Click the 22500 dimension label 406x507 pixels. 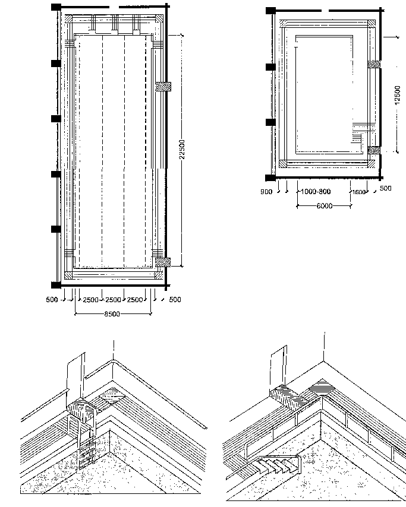[182, 150]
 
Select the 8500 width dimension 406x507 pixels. [112, 314]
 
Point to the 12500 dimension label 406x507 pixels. [398, 95]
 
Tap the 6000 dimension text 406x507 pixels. [325, 206]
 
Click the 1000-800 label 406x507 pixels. [316, 192]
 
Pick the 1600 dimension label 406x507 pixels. [358, 192]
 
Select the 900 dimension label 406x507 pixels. [266, 192]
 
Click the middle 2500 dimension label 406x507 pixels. [113, 300]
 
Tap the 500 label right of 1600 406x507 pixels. [386, 188]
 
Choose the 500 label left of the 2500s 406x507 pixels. [52, 299]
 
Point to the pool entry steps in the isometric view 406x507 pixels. [278, 464]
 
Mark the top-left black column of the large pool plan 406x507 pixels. [56, 7]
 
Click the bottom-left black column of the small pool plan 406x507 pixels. [270, 178]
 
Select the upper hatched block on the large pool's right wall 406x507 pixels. [163, 87]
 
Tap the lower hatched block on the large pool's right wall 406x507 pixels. [163, 262]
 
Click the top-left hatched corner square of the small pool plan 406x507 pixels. [284, 24]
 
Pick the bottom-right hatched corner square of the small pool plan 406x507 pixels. [372, 164]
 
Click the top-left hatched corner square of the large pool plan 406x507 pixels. [68, 19]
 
